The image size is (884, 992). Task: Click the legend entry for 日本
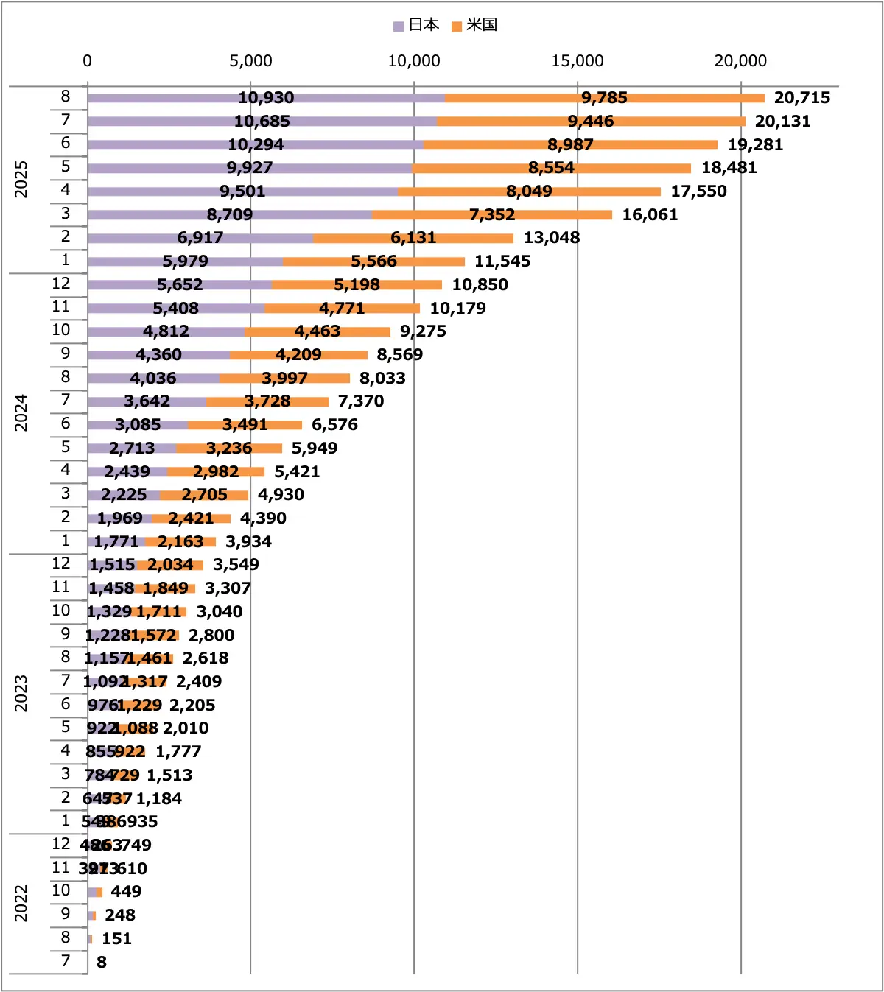416,25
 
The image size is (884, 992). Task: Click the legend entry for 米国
474,25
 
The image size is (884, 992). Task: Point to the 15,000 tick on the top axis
577,61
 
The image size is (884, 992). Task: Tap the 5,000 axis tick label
250,61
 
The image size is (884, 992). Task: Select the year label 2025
21,179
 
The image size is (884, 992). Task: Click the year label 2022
21,903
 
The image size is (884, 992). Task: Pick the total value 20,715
801,98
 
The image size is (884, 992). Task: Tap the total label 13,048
552,238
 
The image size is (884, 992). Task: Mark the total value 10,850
480,285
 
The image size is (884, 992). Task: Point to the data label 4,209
298,355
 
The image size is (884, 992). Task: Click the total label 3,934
248,542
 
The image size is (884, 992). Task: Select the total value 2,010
186,728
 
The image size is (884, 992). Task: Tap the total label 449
126,892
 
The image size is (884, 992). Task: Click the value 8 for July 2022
102,962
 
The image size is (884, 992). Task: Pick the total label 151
116,939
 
